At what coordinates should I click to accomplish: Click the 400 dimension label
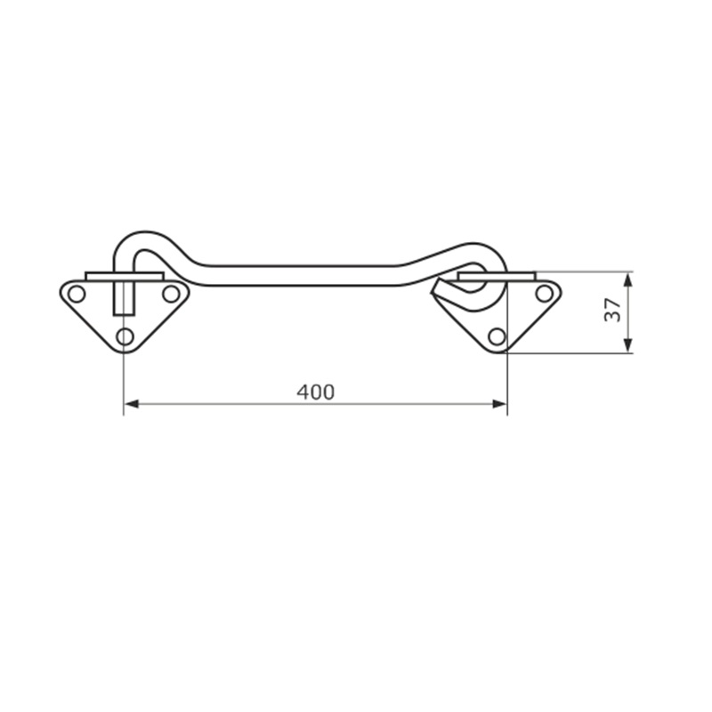coord(316,392)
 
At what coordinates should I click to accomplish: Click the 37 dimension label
coord(612,310)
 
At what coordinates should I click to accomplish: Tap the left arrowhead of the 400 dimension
coord(131,404)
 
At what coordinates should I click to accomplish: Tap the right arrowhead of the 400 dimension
coord(499,404)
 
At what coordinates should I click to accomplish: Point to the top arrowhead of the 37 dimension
coord(628,279)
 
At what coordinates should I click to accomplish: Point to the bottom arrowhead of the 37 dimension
coord(628,345)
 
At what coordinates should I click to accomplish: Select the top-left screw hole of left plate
coord(77,294)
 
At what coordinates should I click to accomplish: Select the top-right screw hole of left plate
coord(171,294)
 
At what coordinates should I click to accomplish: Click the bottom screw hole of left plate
coord(125,337)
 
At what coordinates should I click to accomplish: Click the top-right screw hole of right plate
coord(544,294)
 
